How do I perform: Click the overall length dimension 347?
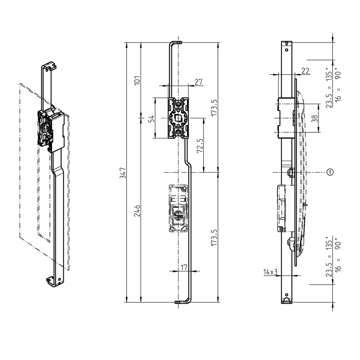pyautogui.click(x=122, y=172)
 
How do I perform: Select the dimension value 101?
pyautogui.click(x=137, y=80)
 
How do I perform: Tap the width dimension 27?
pyautogui.click(x=198, y=82)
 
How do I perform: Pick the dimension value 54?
pyautogui.click(x=151, y=118)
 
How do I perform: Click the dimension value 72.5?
pyautogui.click(x=199, y=145)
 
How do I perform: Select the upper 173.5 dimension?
pyautogui.click(x=214, y=108)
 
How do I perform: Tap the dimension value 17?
pyautogui.click(x=184, y=267)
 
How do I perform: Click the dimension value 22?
pyautogui.click(x=305, y=71)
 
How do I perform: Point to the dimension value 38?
pyautogui.click(x=315, y=118)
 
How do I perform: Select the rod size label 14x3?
pyautogui.click(x=270, y=272)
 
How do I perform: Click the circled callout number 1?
pyautogui.click(x=330, y=172)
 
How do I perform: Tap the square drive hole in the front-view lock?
pyautogui.click(x=179, y=118)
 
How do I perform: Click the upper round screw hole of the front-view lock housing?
pyautogui.click(x=179, y=104)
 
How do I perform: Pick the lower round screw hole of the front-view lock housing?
pyautogui.click(x=179, y=132)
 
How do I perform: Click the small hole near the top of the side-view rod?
pyautogui.click(x=287, y=50)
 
